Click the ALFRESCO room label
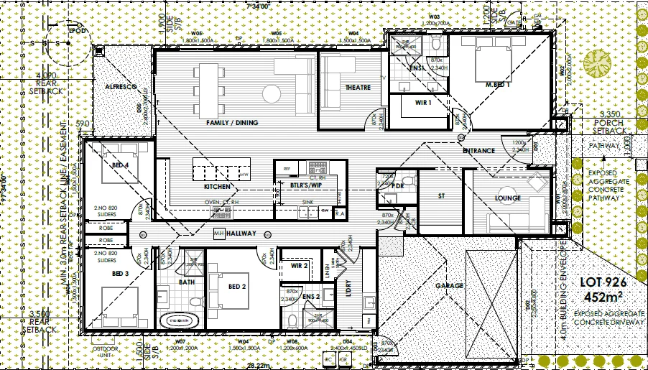click(x=121, y=85)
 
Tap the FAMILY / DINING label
click(x=231, y=123)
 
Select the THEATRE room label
click(x=358, y=88)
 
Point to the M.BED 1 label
click(x=497, y=85)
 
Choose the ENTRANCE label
click(x=478, y=151)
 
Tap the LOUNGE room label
click(x=507, y=198)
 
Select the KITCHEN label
click(x=217, y=187)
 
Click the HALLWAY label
click(x=241, y=234)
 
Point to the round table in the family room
click(x=271, y=93)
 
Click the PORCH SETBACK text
click(x=608, y=126)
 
